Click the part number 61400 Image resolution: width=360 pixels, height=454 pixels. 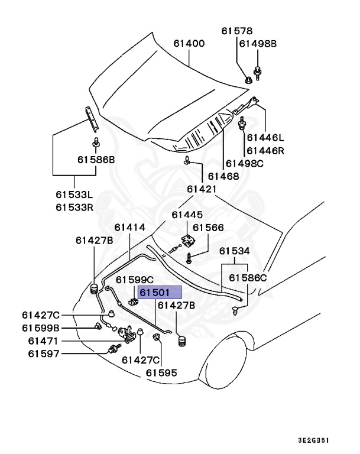[189, 43]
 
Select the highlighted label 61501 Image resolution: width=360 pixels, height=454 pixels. [155, 293]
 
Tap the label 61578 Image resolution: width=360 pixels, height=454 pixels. [236, 31]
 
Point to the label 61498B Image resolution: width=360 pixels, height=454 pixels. [258, 44]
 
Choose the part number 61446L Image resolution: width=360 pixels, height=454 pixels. [265, 138]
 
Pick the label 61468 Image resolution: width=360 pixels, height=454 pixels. [222, 176]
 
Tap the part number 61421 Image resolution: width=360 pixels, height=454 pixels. [203, 189]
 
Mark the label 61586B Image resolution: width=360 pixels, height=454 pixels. [96, 159]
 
